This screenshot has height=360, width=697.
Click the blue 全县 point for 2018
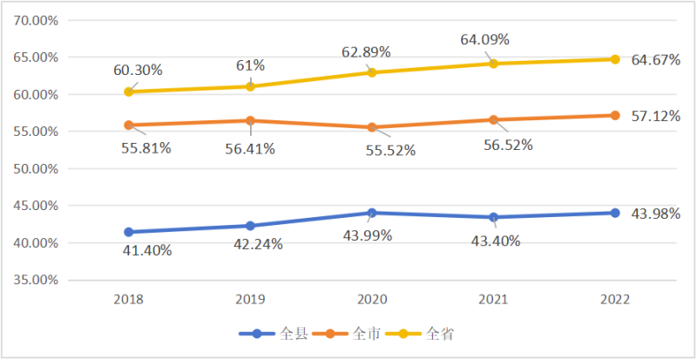tap(129, 232)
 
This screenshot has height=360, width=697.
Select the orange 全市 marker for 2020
tap(372, 127)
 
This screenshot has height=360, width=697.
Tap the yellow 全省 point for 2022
tap(615, 59)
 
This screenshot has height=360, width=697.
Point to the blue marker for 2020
tap(372, 213)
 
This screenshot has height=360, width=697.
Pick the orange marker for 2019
tap(250, 120)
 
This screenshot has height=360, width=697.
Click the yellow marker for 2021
tap(493, 64)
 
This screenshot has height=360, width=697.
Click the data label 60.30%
tap(138, 70)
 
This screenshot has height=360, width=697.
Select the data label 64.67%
tap(655, 59)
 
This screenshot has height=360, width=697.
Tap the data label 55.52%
tap(389, 150)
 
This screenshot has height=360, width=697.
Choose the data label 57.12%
tap(655, 115)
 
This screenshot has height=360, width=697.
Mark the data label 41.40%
tap(146, 251)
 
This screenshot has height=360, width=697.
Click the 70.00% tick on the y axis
tap(32, 20)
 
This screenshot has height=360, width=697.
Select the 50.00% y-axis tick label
tap(32, 169)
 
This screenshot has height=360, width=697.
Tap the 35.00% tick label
tap(32, 281)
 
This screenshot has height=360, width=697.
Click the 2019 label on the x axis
tap(250, 299)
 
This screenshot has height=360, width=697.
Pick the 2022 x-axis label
tap(615, 299)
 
